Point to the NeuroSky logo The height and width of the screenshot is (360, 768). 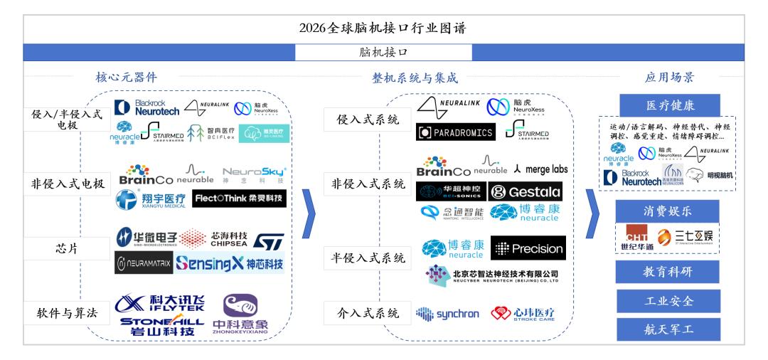point(254,174)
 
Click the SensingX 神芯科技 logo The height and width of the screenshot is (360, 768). point(229,264)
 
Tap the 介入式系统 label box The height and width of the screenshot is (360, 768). point(367,312)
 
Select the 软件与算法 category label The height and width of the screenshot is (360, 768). point(68,313)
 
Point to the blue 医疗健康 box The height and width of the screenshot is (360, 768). point(668,105)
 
